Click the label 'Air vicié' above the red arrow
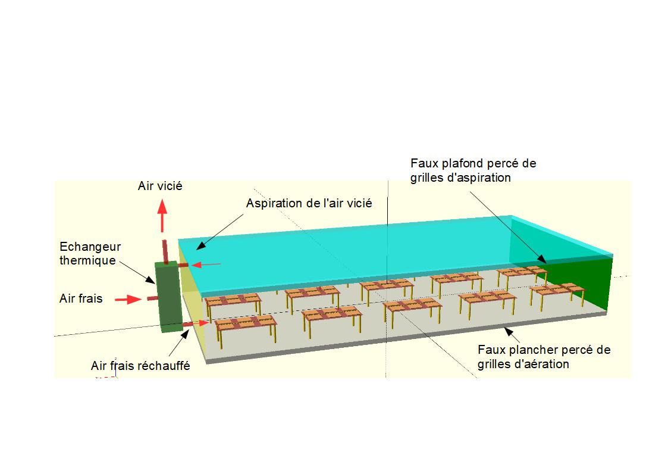pyautogui.click(x=160, y=186)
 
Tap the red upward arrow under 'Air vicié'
pyautogui.click(x=162, y=216)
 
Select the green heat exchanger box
pyautogui.click(x=169, y=297)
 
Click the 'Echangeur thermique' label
pyautogui.click(x=90, y=254)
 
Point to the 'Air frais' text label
pyautogui.click(x=81, y=298)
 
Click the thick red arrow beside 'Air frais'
pyautogui.click(x=128, y=300)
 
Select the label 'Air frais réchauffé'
pyautogui.click(x=140, y=366)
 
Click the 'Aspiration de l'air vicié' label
pyautogui.click(x=309, y=204)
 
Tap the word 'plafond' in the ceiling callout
pyautogui.click(x=465, y=164)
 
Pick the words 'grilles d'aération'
pyautogui.click(x=523, y=364)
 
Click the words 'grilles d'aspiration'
pyautogui.click(x=460, y=178)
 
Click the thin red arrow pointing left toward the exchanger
pyautogui.click(x=206, y=265)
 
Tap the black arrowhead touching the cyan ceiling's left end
pyautogui.click(x=200, y=245)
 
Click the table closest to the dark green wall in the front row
pyautogui.click(x=557, y=294)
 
